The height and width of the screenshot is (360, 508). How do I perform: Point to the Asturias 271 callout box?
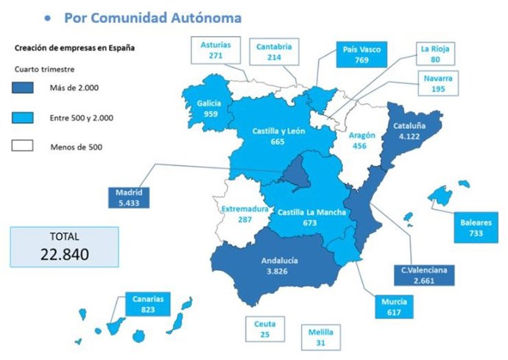[215, 49]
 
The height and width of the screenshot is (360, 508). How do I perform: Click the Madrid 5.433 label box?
[128, 197]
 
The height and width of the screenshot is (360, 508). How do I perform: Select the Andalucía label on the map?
[280, 260]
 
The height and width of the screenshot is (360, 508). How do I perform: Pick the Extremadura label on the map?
[245, 209]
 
